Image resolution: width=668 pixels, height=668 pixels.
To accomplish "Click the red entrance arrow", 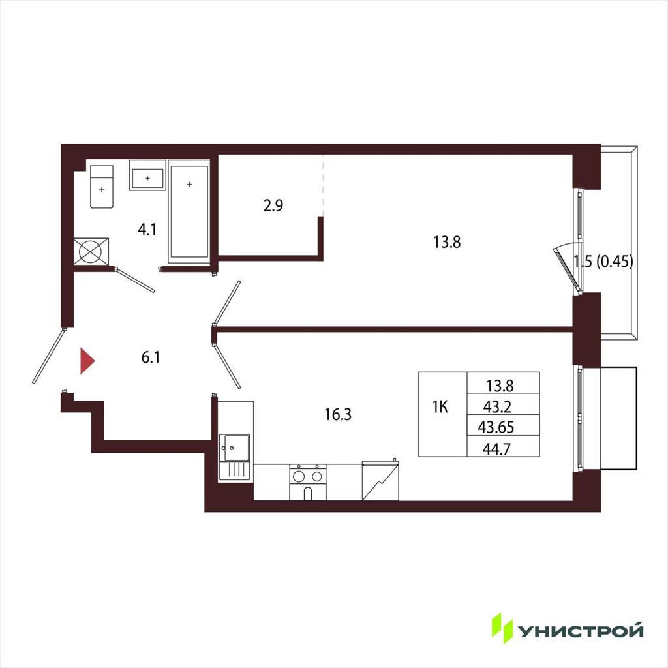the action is (87, 361).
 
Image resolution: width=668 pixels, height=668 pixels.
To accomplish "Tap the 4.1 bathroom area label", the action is (147, 230).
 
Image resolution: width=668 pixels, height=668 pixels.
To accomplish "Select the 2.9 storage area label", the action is (273, 205).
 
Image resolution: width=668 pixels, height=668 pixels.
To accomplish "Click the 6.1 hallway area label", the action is (151, 357).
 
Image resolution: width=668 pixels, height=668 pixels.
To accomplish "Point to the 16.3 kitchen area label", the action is (338, 414).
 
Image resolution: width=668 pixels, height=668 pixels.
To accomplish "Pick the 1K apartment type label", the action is (440, 408).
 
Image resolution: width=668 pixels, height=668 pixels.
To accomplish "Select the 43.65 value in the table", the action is (496, 427).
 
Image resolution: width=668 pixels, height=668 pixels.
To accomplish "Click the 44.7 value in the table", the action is (496, 449).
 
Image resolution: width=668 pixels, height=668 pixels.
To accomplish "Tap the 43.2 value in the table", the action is (496, 407).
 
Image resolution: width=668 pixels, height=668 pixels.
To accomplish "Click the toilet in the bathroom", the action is (102, 187).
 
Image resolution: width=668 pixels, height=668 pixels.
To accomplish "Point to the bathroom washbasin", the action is (147, 175).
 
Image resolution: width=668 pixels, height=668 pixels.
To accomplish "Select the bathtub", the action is (189, 212).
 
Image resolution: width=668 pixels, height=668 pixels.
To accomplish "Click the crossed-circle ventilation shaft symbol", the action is (91, 251).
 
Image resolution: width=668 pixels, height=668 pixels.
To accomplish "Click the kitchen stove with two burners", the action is (308, 482).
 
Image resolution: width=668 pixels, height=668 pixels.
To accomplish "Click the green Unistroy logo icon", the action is (503, 628).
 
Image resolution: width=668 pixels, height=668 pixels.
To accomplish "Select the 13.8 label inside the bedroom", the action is (447, 243).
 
